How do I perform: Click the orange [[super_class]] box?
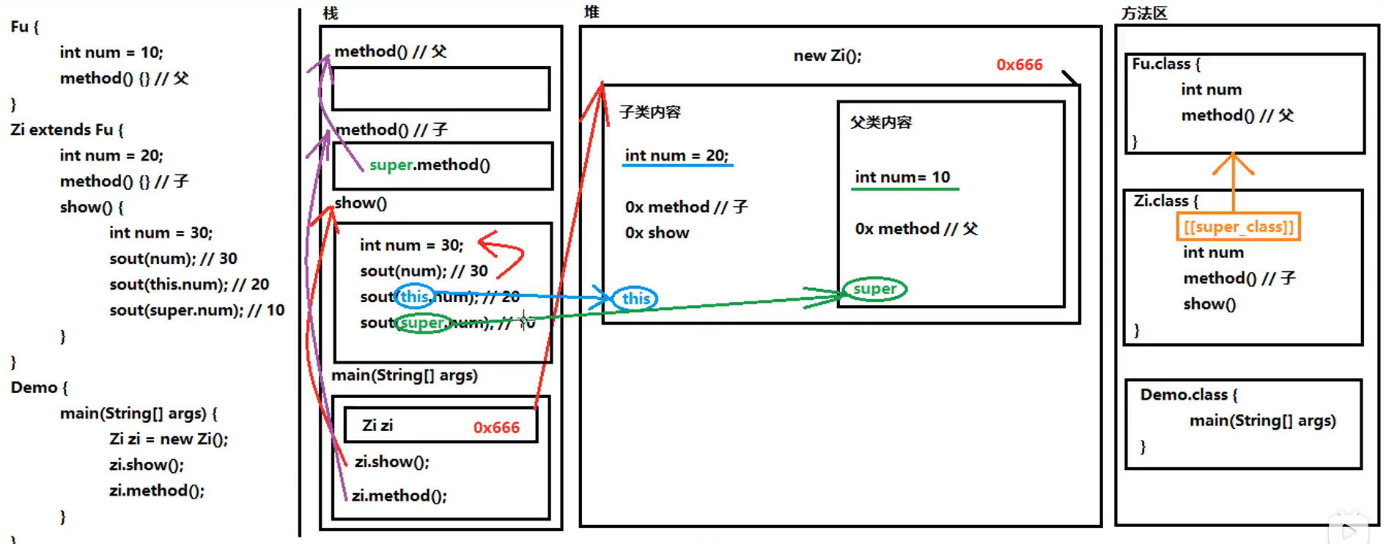click(x=1239, y=227)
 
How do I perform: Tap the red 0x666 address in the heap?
click(x=1019, y=65)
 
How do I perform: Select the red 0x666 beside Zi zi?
click(x=496, y=427)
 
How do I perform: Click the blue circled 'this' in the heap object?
click(x=635, y=298)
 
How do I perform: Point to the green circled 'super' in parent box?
click(x=874, y=289)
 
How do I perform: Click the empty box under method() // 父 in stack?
click(x=441, y=89)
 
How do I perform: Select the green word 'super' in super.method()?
click(x=391, y=165)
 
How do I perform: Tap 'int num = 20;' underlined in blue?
click(x=677, y=155)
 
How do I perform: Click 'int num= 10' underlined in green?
click(x=902, y=177)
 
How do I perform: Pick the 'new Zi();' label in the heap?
click(x=827, y=56)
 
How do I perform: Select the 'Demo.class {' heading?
click(x=1188, y=394)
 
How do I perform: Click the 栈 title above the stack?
click(x=331, y=13)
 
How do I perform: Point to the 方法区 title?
click(x=1143, y=13)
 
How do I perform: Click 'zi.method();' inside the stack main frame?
click(x=399, y=496)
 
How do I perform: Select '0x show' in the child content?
click(x=657, y=233)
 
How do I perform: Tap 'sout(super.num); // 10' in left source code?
click(x=196, y=310)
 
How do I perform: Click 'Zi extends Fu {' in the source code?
click(x=67, y=130)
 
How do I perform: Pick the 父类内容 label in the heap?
click(x=881, y=122)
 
